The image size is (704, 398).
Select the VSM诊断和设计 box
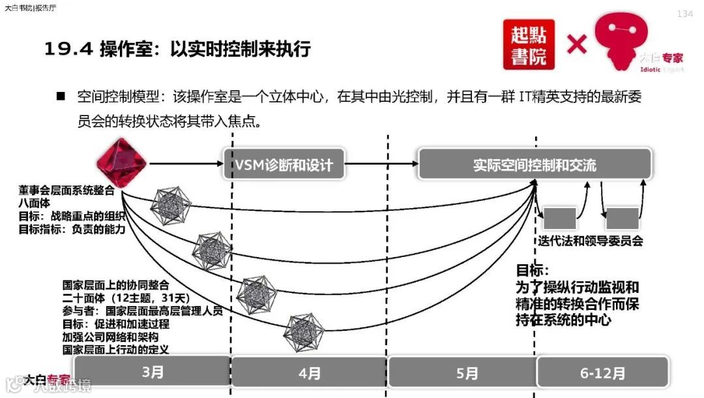[x=284, y=164]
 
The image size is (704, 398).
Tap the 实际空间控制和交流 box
[x=535, y=164]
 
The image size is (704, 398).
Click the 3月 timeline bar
[x=153, y=373]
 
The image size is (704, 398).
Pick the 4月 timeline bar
[x=310, y=373]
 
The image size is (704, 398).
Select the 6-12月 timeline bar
[x=602, y=373]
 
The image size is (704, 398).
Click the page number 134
[x=684, y=14]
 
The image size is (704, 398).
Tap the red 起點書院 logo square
[x=529, y=44]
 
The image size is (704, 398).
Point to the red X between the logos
[x=576, y=44]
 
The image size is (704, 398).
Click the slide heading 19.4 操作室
[x=177, y=49]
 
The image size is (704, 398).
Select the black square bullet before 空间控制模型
[x=61, y=96]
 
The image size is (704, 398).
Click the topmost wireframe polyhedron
[x=170, y=206]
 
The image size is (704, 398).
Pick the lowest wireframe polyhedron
[x=304, y=333]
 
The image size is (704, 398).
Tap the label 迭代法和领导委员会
[x=590, y=241]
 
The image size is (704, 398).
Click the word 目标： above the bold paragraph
[x=533, y=270]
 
